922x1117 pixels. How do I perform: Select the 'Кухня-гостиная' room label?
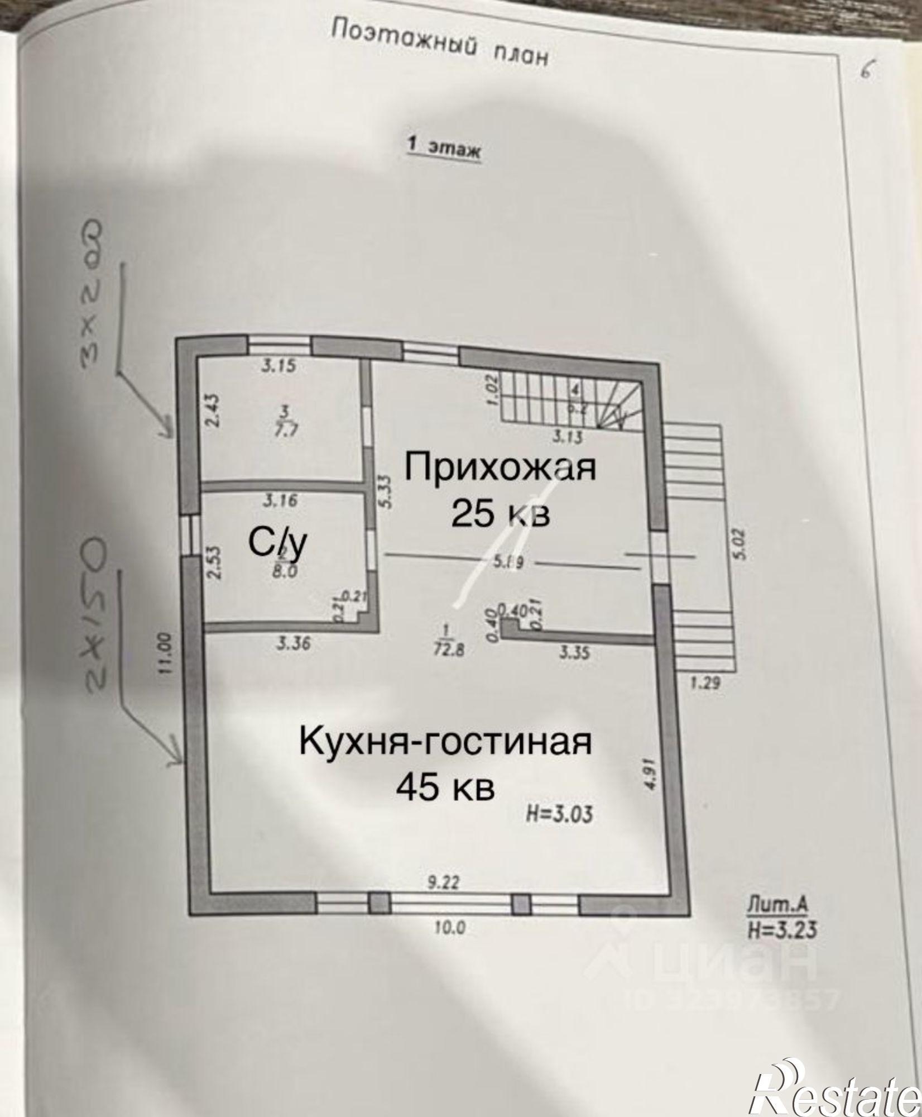[445, 742]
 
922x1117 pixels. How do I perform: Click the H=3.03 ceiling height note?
[559, 814]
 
